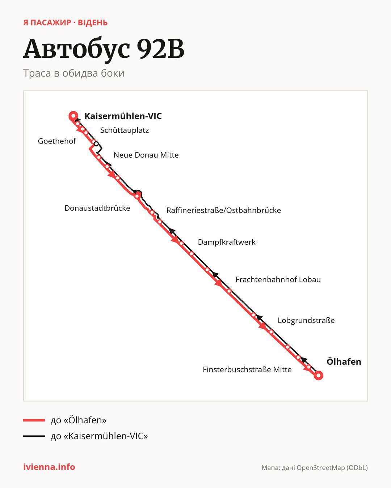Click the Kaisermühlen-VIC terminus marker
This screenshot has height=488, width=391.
click(73, 116)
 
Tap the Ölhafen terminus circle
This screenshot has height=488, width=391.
click(319, 375)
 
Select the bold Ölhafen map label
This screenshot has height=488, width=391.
click(344, 361)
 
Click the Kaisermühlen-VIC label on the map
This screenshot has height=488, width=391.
click(123, 116)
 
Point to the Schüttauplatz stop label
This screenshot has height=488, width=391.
click(125, 130)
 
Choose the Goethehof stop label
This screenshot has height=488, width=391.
click(57, 141)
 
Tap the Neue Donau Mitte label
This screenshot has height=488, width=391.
click(146, 155)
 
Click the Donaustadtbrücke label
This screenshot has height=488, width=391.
click(97, 208)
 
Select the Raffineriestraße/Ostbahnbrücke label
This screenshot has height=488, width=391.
click(224, 210)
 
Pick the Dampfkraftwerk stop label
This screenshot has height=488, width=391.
click(227, 242)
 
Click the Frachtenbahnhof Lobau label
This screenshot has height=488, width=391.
click(278, 279)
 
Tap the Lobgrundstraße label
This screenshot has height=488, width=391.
click(306, 320)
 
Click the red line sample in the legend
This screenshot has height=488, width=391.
click(34, 420)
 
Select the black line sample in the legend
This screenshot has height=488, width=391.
click(34, 436)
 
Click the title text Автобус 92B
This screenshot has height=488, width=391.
click(104, 49)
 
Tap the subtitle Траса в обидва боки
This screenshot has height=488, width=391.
click(74, 73)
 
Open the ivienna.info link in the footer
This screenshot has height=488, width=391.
click(49, 467)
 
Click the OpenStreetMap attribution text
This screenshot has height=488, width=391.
click(315, 468)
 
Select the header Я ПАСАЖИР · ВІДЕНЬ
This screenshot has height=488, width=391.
click(66, 23)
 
